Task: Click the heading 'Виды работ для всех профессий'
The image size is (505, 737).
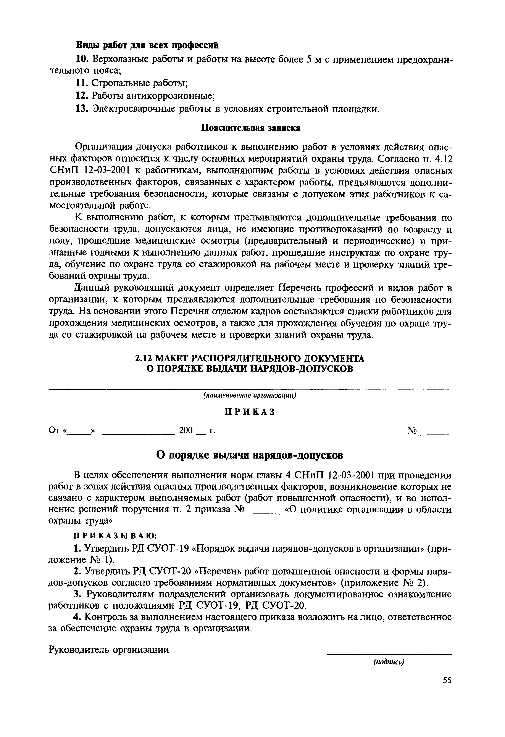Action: click(x=147, y=45)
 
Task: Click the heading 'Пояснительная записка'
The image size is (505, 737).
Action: click(x=251, y=128)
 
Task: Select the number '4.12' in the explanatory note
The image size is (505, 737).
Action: click(x=442, y=159)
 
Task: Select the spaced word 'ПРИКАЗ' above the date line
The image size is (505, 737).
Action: click(x=250, y=412)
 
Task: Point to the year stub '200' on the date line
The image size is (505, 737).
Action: click(x=186, y=430)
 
